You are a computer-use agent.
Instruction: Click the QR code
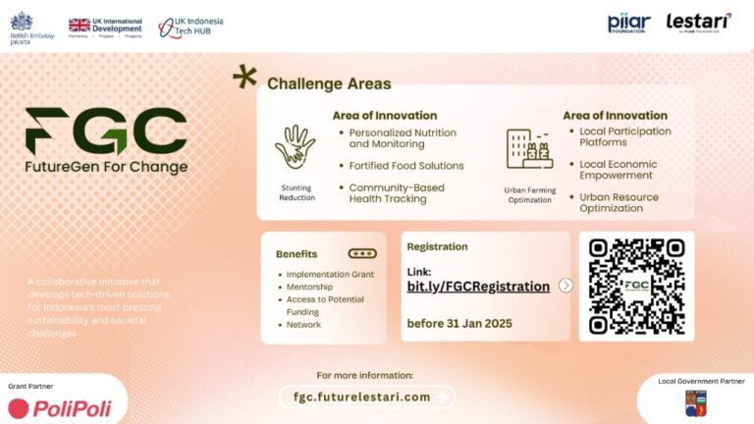tap(636, 286)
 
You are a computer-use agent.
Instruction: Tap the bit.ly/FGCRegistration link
tap(478, 287)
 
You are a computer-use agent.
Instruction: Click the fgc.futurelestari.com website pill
tap(361, 397)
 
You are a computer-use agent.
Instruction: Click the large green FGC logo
tap(106, 131)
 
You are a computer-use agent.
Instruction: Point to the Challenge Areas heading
tap(329, 84)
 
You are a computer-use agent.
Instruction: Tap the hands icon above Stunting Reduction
tap(295, 147)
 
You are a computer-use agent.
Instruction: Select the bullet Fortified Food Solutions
tap(405, 166)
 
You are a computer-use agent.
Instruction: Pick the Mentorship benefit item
tap(309, 286)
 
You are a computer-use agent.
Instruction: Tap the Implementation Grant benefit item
tap(329, 273)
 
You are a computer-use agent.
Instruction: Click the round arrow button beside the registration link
tap(565, 286)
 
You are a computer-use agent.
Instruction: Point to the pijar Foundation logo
tap(628, 24)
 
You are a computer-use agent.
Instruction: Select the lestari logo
tap(698, 22)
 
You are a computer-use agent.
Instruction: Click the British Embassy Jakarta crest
tap(21, 22)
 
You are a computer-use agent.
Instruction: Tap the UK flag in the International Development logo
tap(80, 25)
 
